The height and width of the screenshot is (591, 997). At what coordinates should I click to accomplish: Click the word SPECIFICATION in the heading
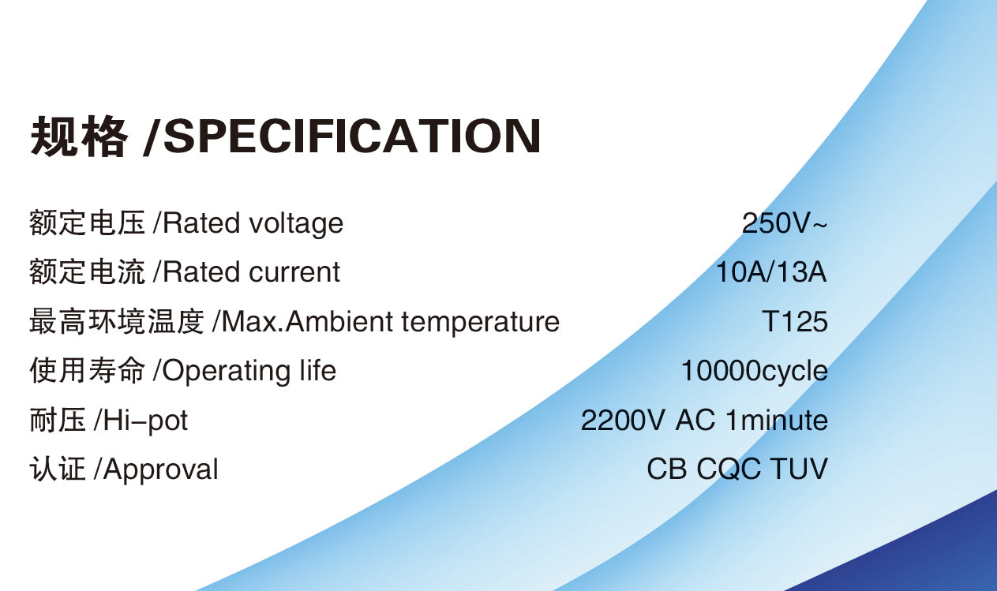coord(352,137)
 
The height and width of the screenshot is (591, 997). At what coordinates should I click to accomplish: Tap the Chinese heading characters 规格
coord(79,137)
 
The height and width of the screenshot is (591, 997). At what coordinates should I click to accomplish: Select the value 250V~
coord(784,223)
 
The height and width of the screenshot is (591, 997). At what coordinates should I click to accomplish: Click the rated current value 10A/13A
coord(771,272)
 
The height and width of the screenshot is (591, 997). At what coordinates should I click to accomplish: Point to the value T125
coord(795,321)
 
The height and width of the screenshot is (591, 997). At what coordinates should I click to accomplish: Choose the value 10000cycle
coord(755,371)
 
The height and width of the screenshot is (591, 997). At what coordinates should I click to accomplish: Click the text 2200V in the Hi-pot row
coord(624,420)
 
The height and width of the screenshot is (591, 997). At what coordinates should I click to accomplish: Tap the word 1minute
coord(777,420)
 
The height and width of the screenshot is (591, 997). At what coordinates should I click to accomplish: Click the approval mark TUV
coord(800,469)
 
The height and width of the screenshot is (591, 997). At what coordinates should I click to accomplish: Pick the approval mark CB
coord(666,469)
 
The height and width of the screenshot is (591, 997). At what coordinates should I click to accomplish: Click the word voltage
coord(296,223)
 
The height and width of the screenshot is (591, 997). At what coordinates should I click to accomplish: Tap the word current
coord(294,272)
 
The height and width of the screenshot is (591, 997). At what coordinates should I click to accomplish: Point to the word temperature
coord(481,322)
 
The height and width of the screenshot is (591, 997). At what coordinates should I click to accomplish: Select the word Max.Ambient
coord(308,321)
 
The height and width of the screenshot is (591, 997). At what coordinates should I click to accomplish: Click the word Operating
coord(227,372)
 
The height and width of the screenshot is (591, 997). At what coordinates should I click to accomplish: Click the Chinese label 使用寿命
coord(88,371)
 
